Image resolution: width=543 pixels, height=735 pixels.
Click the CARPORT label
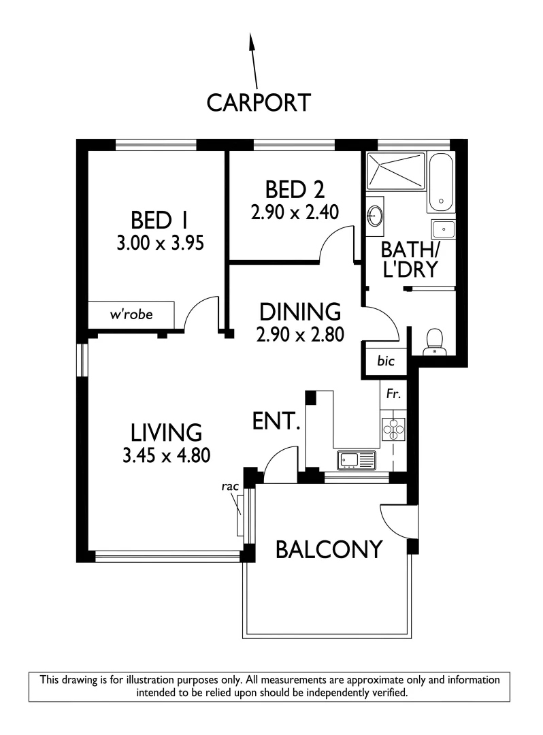pos(259,103)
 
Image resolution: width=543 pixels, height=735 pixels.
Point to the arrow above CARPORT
pos(253,61)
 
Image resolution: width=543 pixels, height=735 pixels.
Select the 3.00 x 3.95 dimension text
pos(160,243)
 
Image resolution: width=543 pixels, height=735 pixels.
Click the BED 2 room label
pos(295,190)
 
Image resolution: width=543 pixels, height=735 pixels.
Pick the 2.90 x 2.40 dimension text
pos(295,212)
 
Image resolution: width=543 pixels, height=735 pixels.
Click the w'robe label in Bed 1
pos(131,314)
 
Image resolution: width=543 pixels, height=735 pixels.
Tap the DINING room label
pos(300,312)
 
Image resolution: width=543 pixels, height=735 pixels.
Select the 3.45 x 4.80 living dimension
pos(166,455)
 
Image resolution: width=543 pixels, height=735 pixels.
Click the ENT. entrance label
pos(276,421)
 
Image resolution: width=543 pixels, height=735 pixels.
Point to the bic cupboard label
pos(386,361)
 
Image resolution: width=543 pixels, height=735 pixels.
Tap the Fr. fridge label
pos(393,394)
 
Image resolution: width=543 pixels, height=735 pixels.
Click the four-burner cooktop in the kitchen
pos(393,429)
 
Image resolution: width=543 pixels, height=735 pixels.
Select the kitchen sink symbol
pos(356,460)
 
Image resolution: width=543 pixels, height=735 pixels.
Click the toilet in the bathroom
pos(434,342)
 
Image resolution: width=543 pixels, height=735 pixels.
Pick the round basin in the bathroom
pos(375,216)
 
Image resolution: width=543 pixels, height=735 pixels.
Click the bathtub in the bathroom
pos(440,182)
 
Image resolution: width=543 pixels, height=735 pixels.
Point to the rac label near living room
pos(230,487)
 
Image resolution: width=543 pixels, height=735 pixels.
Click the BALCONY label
pos(329,549)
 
